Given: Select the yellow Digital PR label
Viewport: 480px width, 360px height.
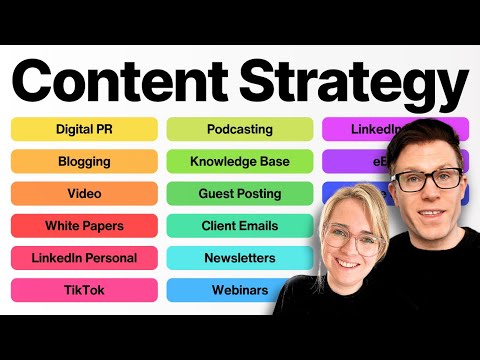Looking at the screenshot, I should tap(84, 129).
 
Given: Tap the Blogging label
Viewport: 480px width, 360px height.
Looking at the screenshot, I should tap(84, 161).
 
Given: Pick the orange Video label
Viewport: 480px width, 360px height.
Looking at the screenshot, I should tap(84, 193).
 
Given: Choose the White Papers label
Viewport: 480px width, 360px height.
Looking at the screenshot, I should tap(84, 226).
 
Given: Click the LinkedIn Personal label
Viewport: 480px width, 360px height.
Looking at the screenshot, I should tap(84, 258).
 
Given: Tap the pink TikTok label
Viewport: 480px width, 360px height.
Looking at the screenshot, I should tap(84, 290).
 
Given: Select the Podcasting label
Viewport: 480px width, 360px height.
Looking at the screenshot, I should tap(239, 129).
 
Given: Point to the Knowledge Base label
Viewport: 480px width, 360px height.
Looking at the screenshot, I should tap(239, 161).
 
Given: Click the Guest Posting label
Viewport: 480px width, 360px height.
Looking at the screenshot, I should tap(239, 193).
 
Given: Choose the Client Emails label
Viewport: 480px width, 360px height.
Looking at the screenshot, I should tap(239, 226).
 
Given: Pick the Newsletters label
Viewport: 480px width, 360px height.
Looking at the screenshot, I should tap(239, 258).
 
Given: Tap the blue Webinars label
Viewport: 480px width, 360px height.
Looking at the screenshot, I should tap(239, 290).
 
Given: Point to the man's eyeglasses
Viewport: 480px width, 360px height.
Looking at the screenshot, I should tap(426, 180).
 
